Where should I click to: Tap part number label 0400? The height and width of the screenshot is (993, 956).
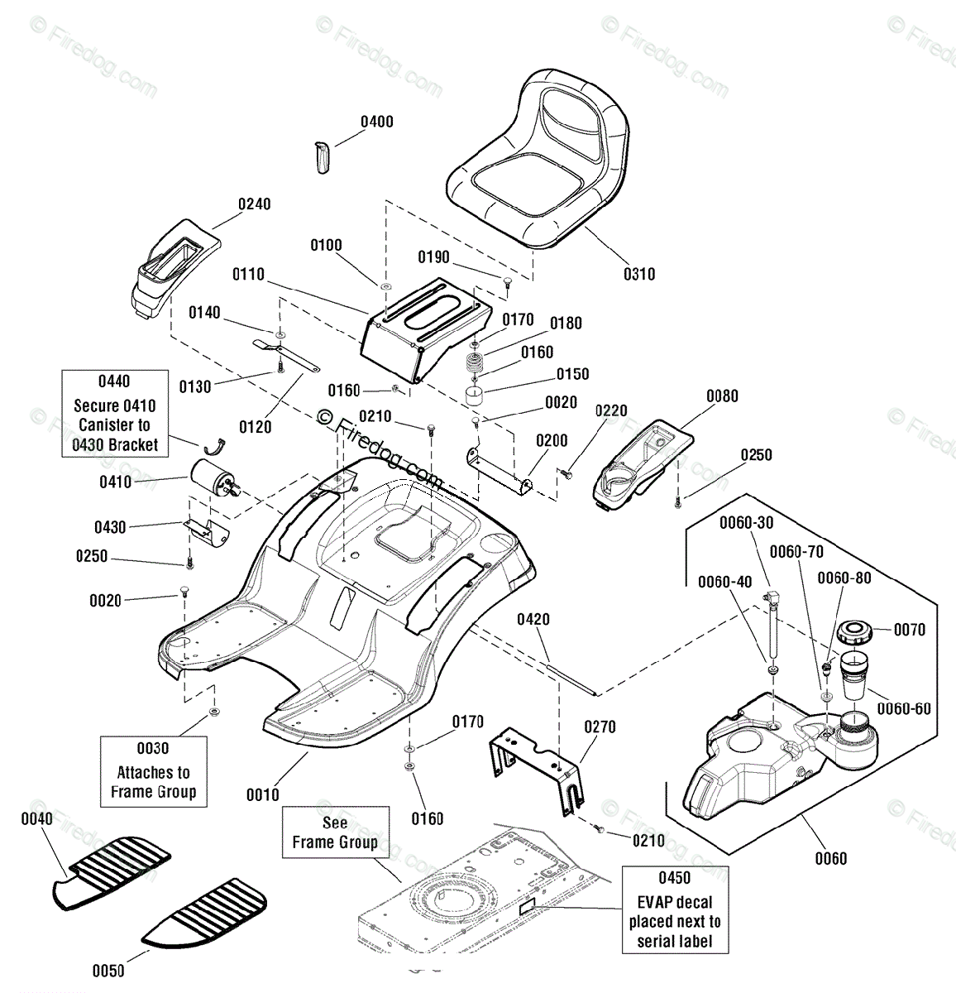(x=377, y=122)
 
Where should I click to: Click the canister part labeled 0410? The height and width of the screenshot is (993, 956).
(x=214, y=477)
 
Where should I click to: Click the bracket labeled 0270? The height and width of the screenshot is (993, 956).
(x=537, y=769)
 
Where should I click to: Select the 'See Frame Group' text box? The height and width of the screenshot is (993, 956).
(x=336, y=832)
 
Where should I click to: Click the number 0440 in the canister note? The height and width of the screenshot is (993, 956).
(x=114, y=381)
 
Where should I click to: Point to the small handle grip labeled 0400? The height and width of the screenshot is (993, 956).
(x=321, y=158)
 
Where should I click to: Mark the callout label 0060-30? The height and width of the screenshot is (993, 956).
(x=747, y=522)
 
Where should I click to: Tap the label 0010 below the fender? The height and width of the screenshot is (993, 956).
(x=263, y=794)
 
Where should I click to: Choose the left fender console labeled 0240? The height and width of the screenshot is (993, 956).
(x=176, y=268)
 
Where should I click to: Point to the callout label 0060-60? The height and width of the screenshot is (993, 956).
(x=904, y=708)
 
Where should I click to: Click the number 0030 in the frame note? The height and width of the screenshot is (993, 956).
(x=153, y=748)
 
